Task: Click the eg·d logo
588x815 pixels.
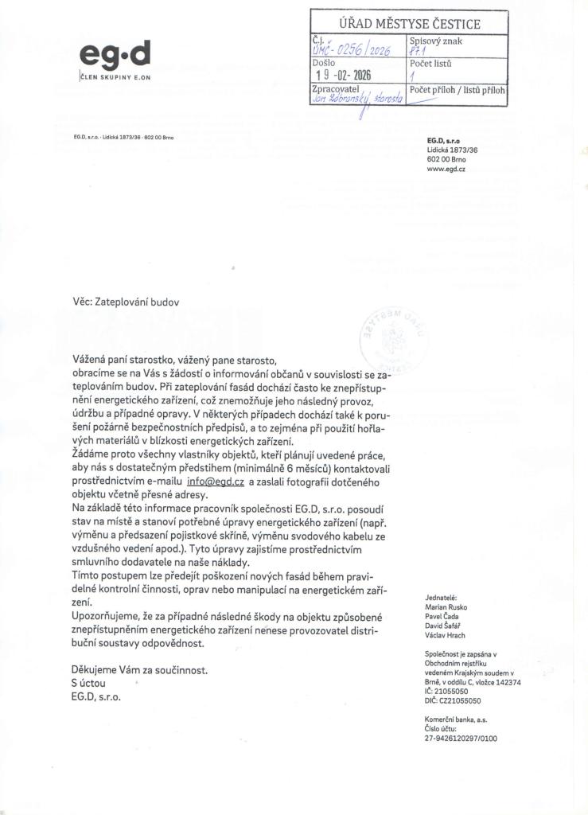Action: [x=115, y=55]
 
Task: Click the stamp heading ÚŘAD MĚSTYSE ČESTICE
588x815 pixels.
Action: [x=410, y=23]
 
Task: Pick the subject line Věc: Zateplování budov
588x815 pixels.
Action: [x=126, y=302]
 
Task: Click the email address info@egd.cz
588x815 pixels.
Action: [x=214, y=482]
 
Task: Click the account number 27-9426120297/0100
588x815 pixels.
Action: [x=461, y=739]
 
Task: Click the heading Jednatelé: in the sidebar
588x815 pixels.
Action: [x=442, y=598]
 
